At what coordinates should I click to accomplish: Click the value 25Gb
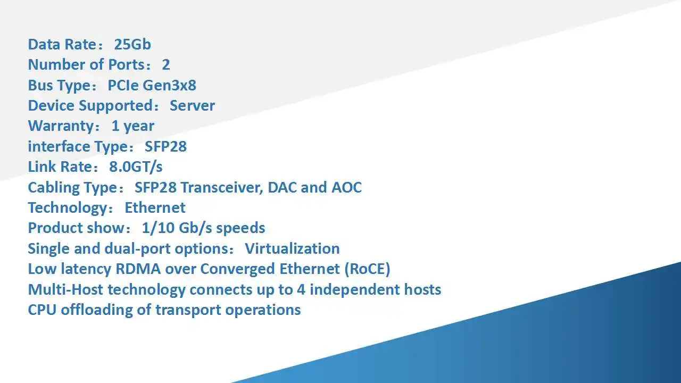pos(132,44)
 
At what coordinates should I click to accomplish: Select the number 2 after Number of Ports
pos(165,65)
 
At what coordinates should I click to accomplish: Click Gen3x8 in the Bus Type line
pos(169,86)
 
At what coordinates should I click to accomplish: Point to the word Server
pos(192,106)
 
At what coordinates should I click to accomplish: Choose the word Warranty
pos(62,126)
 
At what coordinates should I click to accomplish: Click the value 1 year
pos(133,126)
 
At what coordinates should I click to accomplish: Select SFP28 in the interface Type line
pos(165,146)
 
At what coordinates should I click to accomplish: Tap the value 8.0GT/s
pos(136,167)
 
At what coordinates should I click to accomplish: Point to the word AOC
pos(346,187)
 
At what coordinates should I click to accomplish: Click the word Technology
pos(68,208)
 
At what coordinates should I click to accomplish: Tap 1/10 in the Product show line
pos(158,228)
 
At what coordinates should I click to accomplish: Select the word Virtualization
pos(293,248)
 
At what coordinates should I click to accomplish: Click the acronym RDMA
pos(138,269)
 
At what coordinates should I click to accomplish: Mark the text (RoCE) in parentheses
pos(367,269)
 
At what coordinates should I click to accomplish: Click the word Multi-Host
pos(65,289)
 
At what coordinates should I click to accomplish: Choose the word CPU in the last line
pos(42,310)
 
